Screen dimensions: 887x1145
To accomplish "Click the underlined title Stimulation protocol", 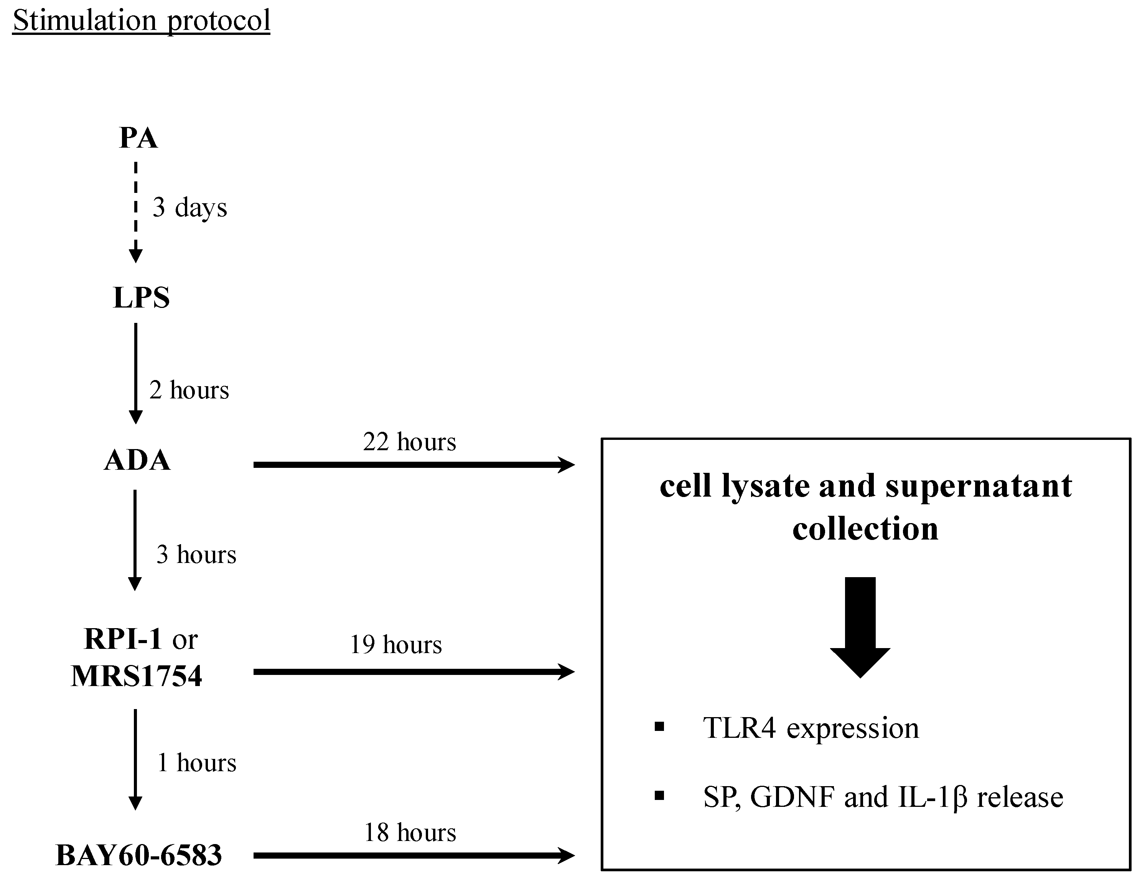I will [x=141, y=21].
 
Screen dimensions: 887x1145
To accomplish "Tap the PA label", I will [x=138, y=138].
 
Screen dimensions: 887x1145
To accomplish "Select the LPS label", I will [x=142, y=298].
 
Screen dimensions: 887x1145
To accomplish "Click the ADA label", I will [x=137, y=460].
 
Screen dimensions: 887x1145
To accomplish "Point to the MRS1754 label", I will [x=136, y=676].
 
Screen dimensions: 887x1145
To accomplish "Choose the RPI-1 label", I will [x=123, y=639].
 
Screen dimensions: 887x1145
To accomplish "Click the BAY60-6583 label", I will [x=138, y=856].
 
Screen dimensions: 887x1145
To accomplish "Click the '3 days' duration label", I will [x=190, y=207].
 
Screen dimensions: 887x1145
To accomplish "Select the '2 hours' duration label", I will [x=189, y=390].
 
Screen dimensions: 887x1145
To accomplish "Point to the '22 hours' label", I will [x=409, y=442].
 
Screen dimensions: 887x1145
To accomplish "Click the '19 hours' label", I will [x=396, y=645].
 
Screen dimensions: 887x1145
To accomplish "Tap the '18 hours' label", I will [x=410, y=833].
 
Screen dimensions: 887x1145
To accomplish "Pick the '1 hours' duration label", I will [x=197, y=763].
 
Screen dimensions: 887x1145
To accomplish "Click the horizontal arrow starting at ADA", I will [x=414, y=464].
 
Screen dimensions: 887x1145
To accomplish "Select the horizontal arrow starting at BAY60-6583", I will [x=414, y=856].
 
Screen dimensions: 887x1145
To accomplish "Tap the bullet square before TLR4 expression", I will [x=659, y=727].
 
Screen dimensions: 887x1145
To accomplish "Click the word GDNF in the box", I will [x=793, y=797].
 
